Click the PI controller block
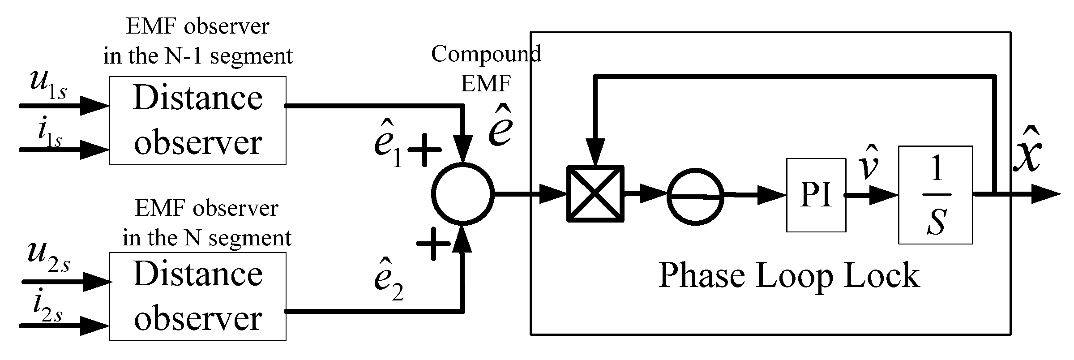coord(816,195)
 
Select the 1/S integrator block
coord(935,195)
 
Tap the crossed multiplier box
coord(595,194)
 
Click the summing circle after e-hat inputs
coord(462,193)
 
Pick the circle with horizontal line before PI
coord(695,196)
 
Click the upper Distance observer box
coord(197,120)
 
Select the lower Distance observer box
coord(197,296)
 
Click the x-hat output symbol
coord(1027,157)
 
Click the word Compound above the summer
coord(486,54)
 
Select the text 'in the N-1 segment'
coord(197,56)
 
